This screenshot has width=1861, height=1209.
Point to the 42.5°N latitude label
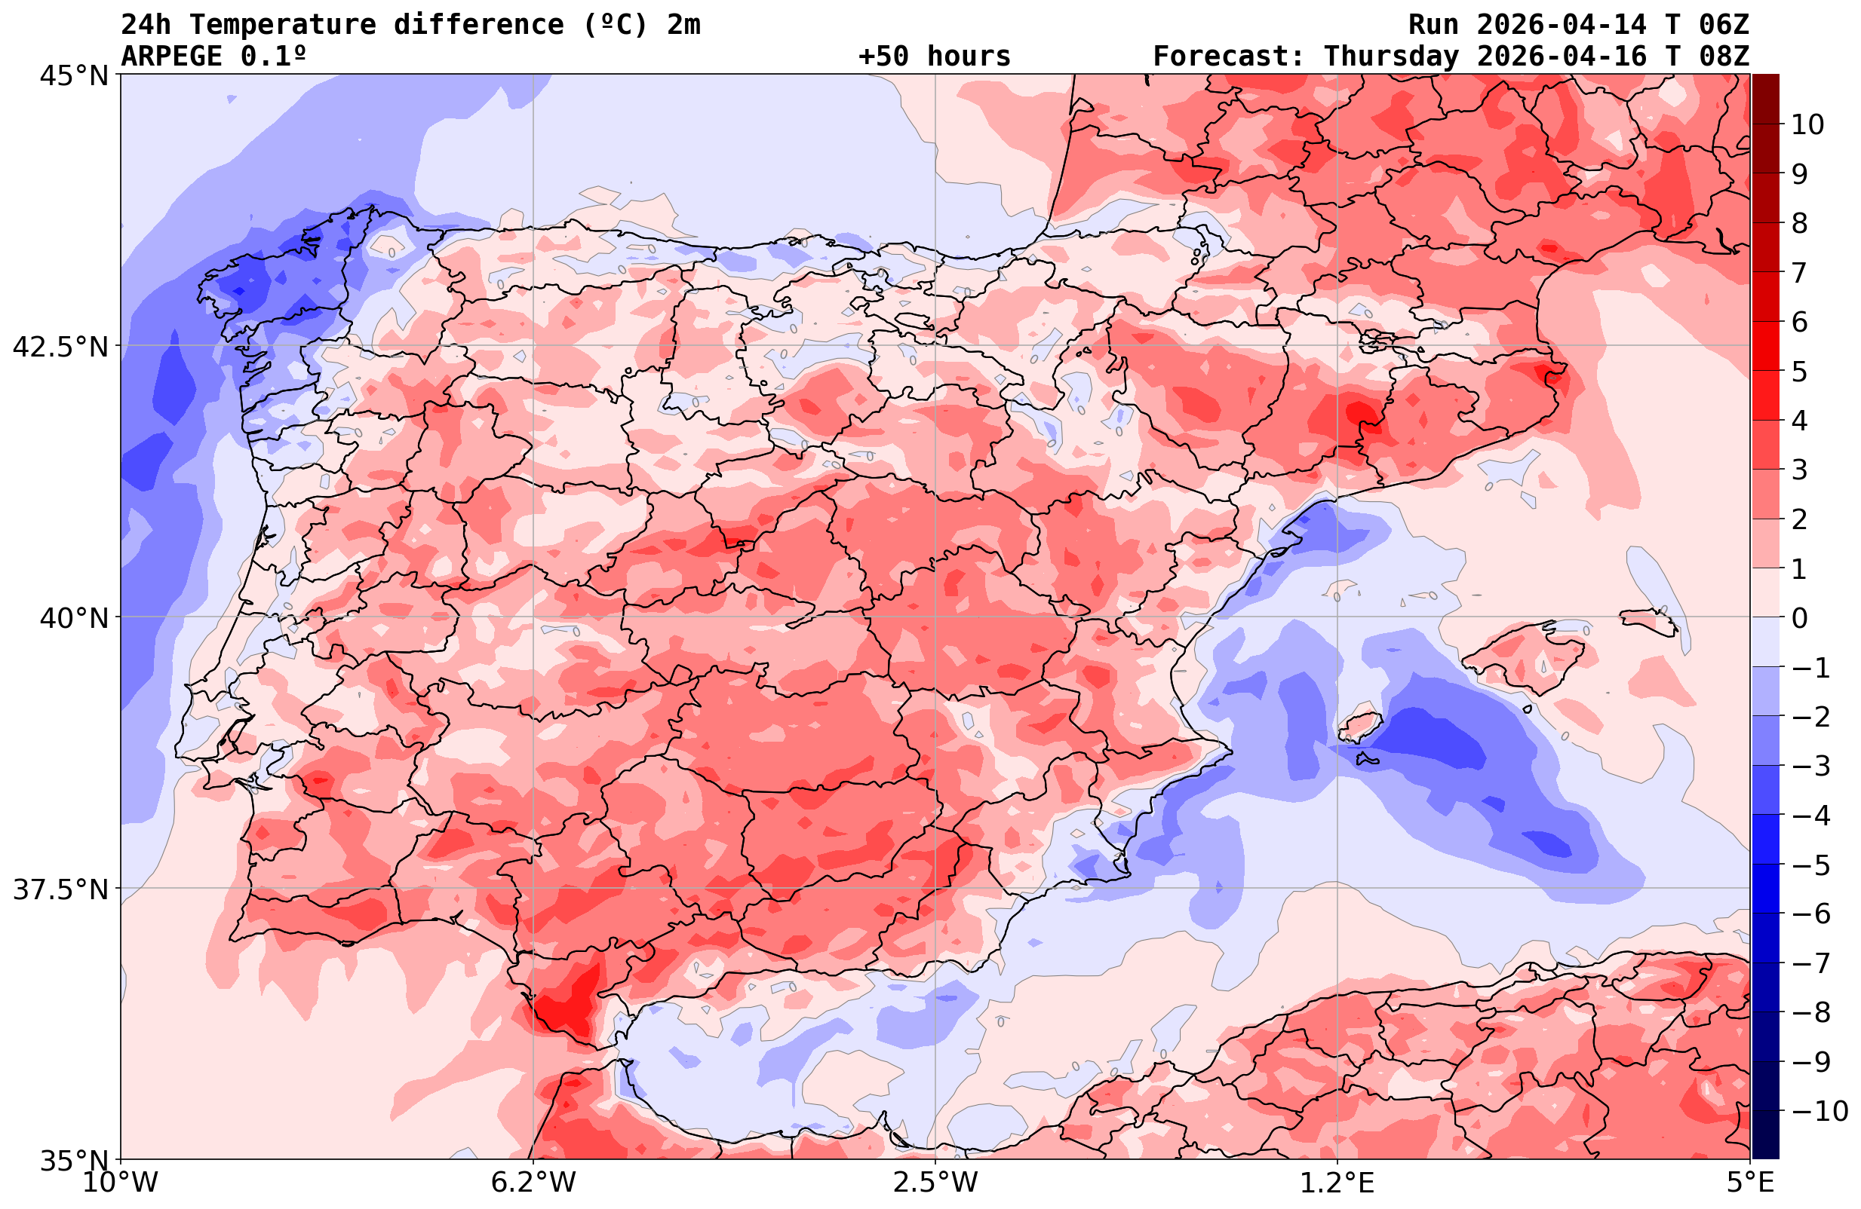(60, 346)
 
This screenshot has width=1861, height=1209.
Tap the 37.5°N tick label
(60, 889)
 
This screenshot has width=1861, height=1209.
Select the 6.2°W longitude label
(533, 1182)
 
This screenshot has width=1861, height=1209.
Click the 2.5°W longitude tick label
(936, 1182)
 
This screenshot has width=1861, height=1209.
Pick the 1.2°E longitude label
(1337, 1182)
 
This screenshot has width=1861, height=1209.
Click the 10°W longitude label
(121, 1182)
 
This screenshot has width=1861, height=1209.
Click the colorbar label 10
(1808, 124)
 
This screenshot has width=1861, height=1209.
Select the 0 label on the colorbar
(1799, 618)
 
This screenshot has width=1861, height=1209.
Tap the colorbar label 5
(1799, 372)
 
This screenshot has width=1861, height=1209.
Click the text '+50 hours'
(935, 57)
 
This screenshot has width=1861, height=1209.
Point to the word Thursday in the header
(1391, 57)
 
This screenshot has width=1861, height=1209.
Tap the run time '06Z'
(1724, 25)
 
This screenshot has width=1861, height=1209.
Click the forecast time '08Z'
(1724, 57)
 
